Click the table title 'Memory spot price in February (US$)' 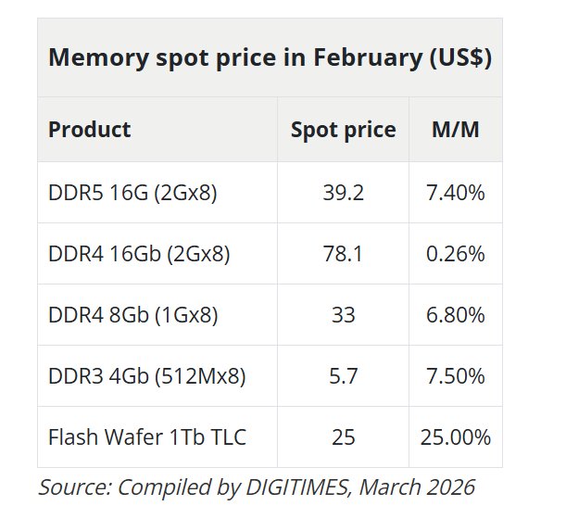(270, 58)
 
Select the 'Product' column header (89, 130)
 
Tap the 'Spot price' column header (343, 130)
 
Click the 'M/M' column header (456, 130)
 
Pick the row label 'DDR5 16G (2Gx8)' (132, 193)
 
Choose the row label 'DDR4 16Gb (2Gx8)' (139, 254)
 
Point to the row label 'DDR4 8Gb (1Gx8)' (132, 315)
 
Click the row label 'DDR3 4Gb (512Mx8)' (146, 376)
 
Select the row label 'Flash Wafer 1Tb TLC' (147, 437)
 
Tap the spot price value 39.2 (343, 193)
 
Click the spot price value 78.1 (343, 254)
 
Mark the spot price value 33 (343, 315)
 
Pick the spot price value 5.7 (343, 376)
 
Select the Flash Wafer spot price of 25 (343, 437)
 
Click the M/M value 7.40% (456, 193)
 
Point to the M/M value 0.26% (456, 254)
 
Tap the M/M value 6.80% (456, 315)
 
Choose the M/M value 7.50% (456, 376)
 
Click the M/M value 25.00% (456, 437)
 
